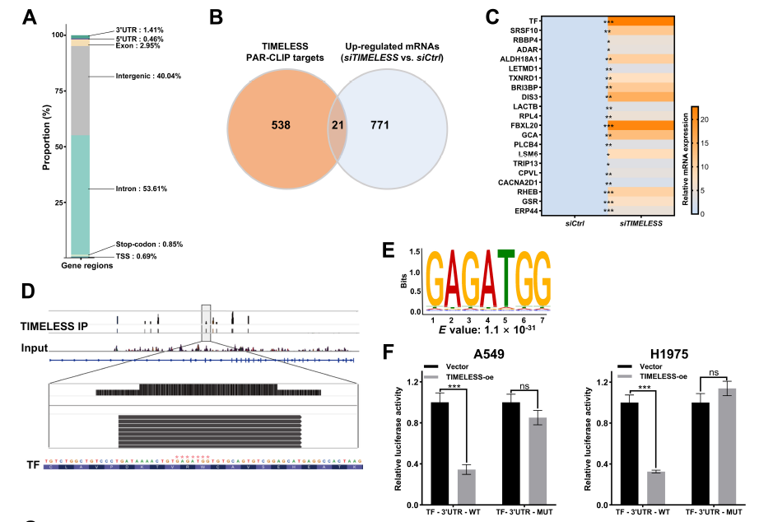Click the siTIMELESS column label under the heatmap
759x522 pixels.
(x=643, y=222)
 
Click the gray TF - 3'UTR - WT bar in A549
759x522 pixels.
(x=467, y=485)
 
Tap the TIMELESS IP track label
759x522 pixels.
(x=54, y=326)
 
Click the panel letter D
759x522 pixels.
(x=29, y=291)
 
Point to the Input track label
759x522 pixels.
(x=35, y=348)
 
